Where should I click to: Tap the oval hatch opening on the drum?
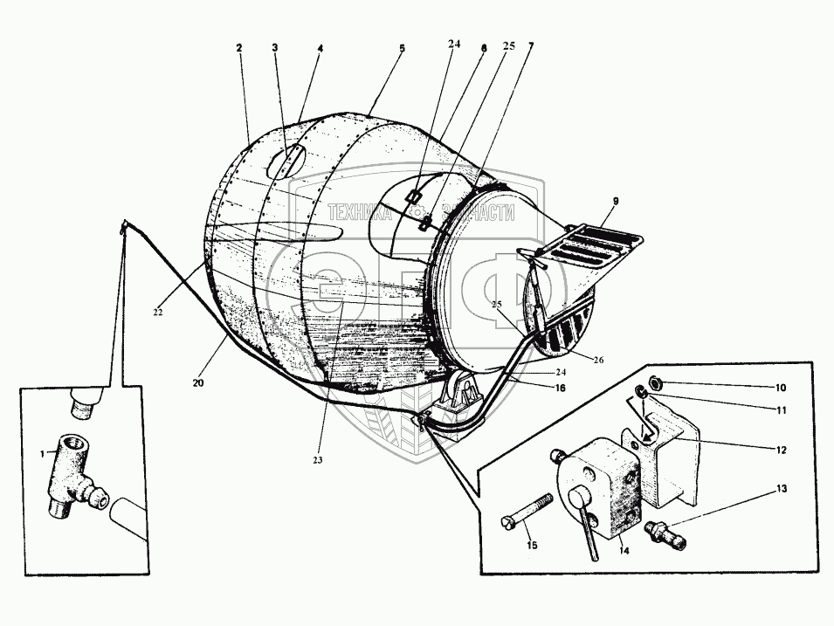286,162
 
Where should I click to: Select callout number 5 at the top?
402,50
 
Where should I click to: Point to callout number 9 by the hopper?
615,201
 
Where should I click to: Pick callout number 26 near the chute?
597,360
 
